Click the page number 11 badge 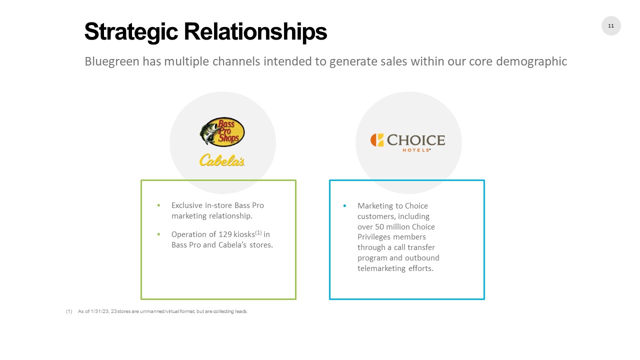611,25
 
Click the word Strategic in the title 131,32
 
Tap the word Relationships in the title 255,32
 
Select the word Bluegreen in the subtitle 112,61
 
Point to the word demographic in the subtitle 531,61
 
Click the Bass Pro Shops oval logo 222,132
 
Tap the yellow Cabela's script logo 222,160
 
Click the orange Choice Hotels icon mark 377,140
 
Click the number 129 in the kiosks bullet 225,234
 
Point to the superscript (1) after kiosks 258,232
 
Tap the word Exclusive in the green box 187,205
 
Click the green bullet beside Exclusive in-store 158,205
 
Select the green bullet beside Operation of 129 158,234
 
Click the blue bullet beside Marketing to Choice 344,205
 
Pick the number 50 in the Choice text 379,227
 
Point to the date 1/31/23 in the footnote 99,311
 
